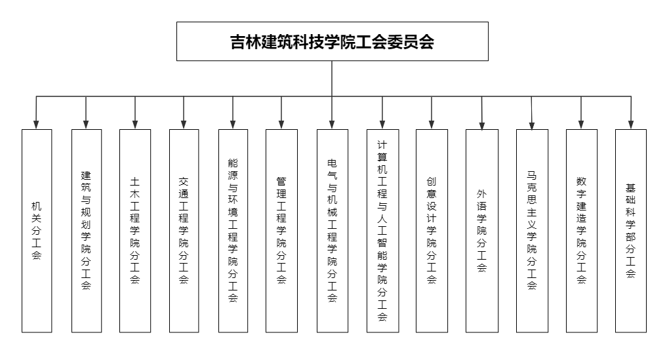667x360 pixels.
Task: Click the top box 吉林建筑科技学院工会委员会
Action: [333, 41]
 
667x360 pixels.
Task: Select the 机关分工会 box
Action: [37, 231]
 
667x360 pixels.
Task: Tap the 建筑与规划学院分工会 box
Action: [87, 231]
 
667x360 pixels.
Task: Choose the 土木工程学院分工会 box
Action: [135, 231]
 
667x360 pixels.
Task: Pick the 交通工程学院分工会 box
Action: [184, 231]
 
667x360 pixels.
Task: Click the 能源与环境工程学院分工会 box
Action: [233, 231]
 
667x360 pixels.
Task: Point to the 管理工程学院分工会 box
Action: [281, 231]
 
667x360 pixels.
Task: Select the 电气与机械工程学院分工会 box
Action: [333, 231]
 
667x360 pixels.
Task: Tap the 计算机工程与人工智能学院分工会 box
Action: [382, 231]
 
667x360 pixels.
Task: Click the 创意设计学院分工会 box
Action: [432, 231]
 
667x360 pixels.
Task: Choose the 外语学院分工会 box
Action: [482, 231]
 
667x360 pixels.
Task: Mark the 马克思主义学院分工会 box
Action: [532, 231]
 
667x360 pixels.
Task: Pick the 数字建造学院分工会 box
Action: [582, 231]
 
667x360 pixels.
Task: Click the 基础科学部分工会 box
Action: [631, 231]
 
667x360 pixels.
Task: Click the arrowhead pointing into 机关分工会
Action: [36, 125]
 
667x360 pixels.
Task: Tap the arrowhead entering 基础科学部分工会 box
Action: [631, 125]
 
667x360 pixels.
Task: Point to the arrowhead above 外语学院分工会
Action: [482, 125]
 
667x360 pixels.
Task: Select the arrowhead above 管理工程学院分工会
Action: [281, 125]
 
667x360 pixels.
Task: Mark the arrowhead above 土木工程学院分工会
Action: [135, 125]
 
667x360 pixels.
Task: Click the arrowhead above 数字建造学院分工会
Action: [581, 125]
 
